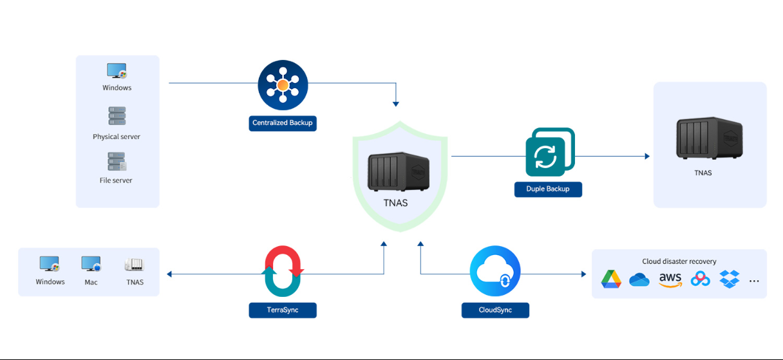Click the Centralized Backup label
(283, 122)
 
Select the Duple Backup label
(548, 189)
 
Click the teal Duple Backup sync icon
(548, 155)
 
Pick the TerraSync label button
(283, 310)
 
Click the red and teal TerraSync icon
(283, 271)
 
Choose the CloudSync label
(495, 310)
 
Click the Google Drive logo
(611, 279)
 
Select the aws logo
(670, 279)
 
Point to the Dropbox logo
(730, 279)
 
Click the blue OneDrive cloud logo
(639, 279)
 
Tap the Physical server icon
(117, 116)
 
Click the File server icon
(117, 161)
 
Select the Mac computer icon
(91, 265)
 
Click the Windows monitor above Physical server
(117, 71)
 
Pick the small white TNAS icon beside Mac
(135, 265)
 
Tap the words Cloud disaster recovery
(679, 261)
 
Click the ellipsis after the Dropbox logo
(755, 281)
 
